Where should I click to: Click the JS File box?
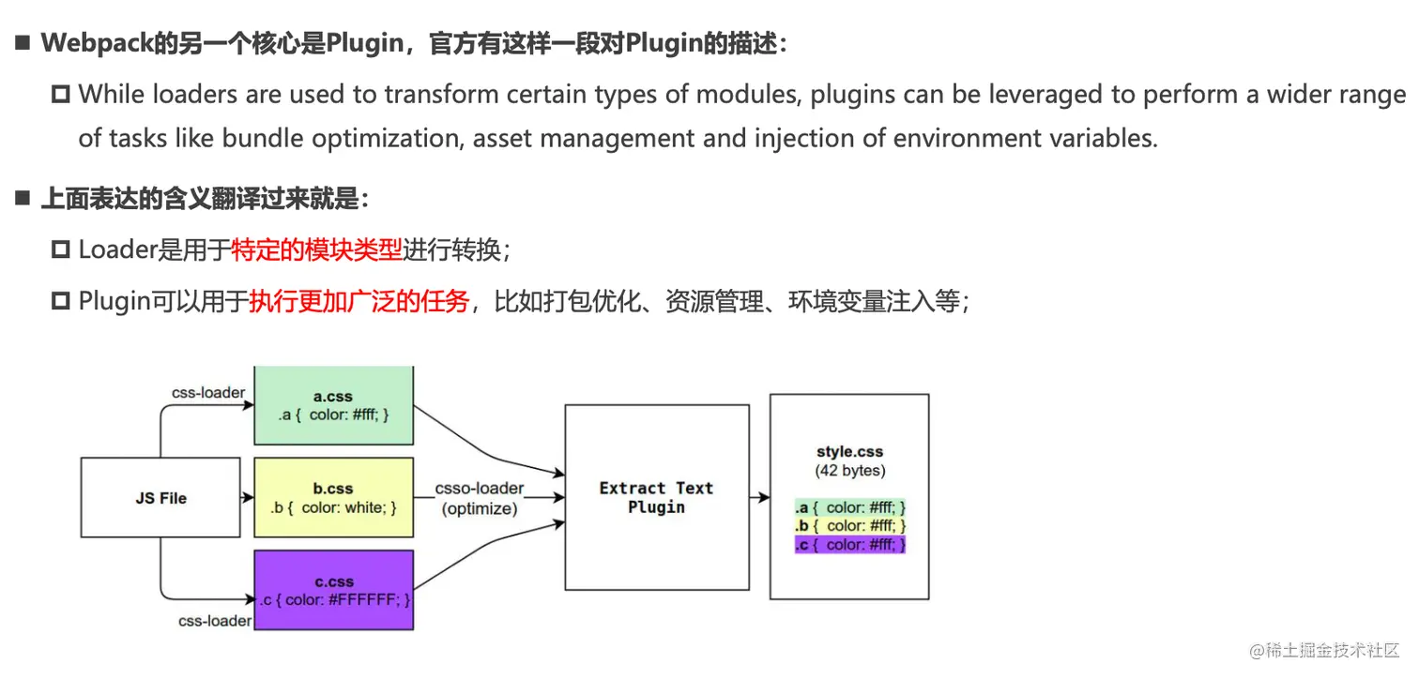point(160,497)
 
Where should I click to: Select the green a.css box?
point(333,405)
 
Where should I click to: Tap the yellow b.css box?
point(333,497)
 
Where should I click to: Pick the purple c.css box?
point(333,590)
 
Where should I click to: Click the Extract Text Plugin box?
point(656,497)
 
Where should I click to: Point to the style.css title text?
point(849,452)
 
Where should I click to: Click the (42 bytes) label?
point(849,470)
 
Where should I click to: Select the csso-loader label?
point(480,490)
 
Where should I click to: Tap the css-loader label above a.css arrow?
point(208,392)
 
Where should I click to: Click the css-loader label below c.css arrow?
point(215,620)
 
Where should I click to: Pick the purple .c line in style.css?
point(849,545)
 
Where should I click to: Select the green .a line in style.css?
point(849,507)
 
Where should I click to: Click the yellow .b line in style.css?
point(849,526)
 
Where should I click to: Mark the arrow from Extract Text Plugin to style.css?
point(759,498)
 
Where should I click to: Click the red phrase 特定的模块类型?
point(315,249)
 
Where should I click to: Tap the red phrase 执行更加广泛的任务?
point(359,301)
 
